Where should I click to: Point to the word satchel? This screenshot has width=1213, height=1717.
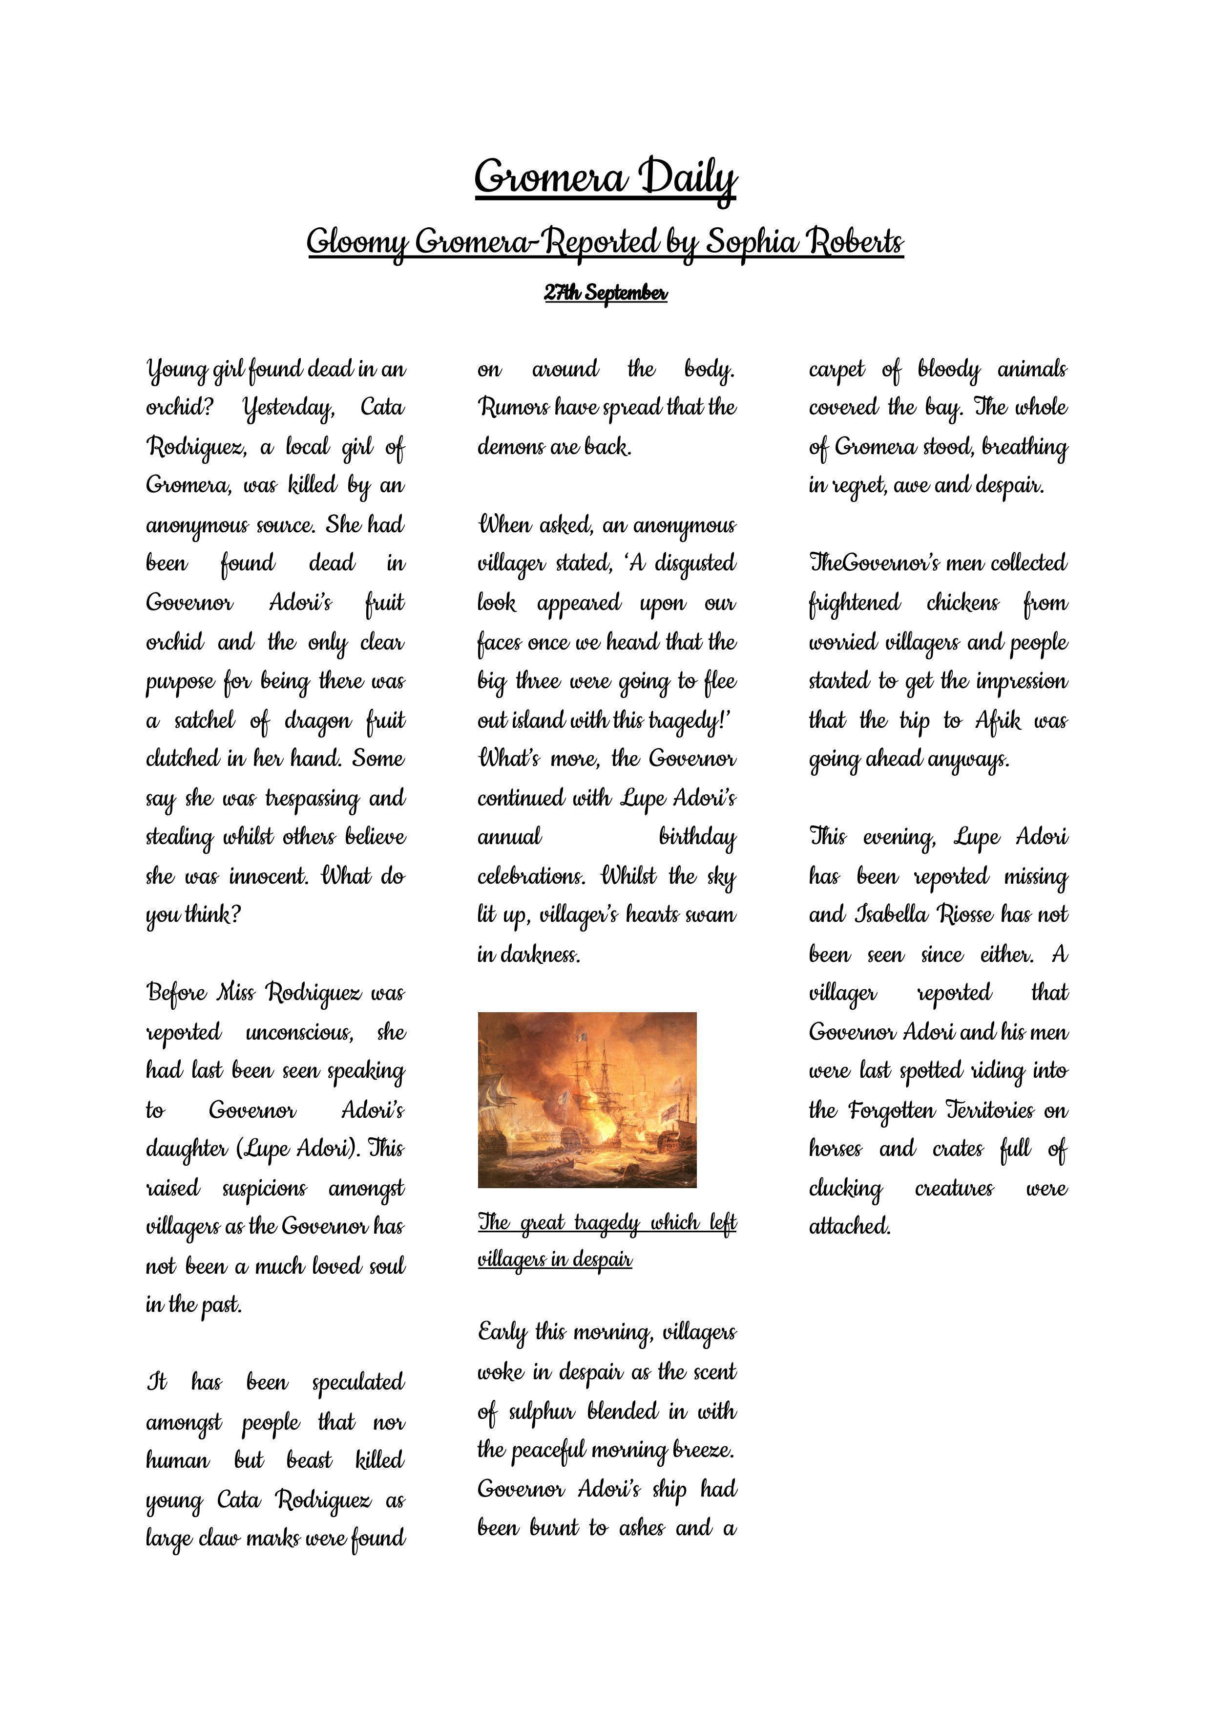204,721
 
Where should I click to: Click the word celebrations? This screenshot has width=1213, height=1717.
531,876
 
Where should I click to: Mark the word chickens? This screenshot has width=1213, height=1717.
962,603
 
